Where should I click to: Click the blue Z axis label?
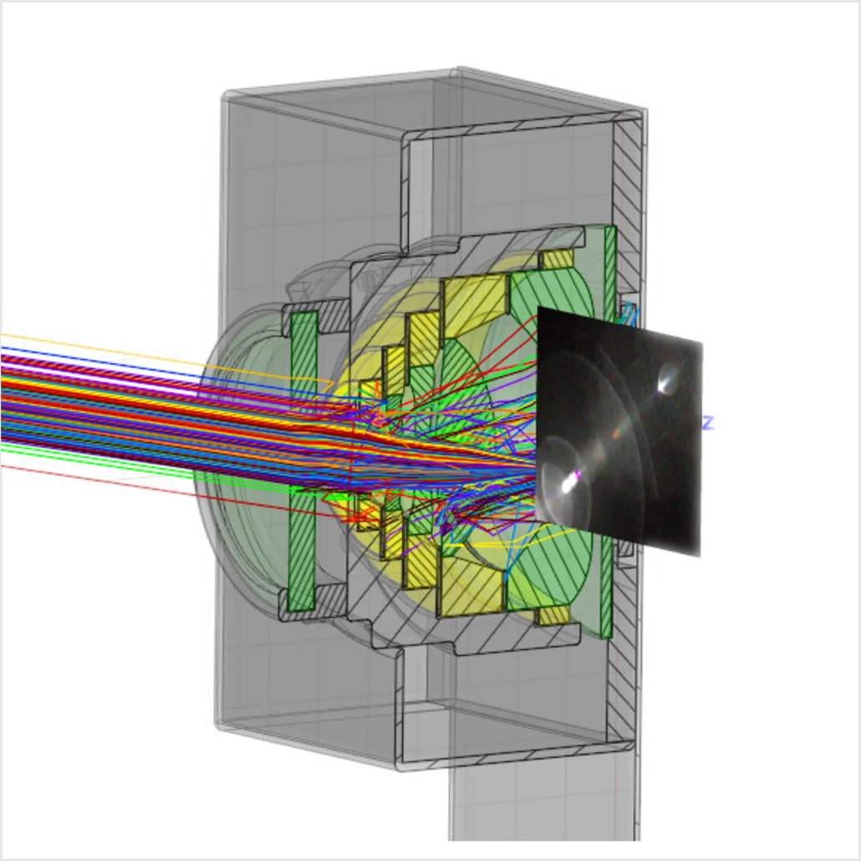click(708, 423)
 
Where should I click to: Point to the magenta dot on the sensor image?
click(577, 474)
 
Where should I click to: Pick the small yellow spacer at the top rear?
click(557, 258)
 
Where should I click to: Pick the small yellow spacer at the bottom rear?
click(553, 615)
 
